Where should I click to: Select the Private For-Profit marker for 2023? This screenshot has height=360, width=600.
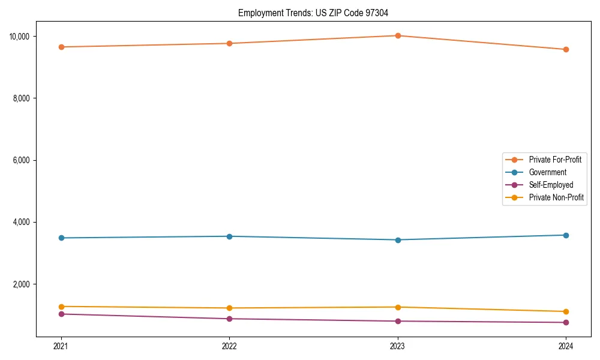pos(398,35)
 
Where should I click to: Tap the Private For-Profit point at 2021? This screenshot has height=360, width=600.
pos(61,47)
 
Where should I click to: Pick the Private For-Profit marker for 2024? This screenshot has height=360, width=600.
pos(566,49)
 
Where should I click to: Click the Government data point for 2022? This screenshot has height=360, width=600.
pos(229,236)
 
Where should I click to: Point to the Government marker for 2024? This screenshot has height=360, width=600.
pos(566,235)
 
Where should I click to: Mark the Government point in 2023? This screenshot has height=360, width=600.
pos(398,240)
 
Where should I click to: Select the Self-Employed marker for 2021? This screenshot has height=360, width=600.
pos(61,314)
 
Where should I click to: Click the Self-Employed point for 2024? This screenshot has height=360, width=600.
pos(566,323)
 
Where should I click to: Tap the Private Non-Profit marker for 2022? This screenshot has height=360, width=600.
pos(229,308)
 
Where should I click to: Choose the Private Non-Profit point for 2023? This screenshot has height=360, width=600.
pos(398,307)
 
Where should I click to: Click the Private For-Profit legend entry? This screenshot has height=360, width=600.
pos(554,160)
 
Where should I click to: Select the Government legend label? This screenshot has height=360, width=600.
pos(547,172)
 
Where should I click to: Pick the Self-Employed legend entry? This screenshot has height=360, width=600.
pos(551,185)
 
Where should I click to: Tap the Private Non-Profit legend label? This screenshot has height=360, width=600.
pos(556,197)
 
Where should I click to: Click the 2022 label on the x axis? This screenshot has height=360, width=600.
pos(229,346)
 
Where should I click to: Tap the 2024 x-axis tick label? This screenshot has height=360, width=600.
pos(566,346)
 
